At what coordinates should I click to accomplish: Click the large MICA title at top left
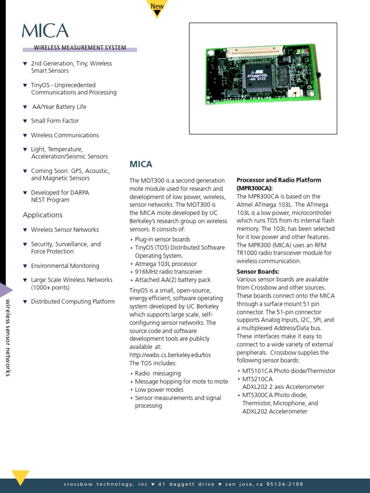(45, 31)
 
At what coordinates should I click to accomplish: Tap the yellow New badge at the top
(157, 7)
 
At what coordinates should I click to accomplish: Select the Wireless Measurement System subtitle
(80, 48)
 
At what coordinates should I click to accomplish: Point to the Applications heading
(43, 215)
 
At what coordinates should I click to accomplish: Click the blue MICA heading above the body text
(141, 164)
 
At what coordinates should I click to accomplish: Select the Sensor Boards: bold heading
(258, 272)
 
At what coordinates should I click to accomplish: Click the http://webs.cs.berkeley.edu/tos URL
(170, 355)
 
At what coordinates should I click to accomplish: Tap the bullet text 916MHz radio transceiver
(169, 272)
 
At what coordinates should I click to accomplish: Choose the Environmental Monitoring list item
(65, 266)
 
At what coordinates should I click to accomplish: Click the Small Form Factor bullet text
(55, 121)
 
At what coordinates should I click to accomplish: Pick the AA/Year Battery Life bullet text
(59, 107)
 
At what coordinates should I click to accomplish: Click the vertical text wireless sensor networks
(8, 337)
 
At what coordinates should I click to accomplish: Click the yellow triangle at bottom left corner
(20, 477)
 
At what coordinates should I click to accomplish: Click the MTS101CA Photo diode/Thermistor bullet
(289, 371)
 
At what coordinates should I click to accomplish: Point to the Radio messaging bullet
(158, 373)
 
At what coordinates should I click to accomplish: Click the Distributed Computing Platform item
(73, 302)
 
